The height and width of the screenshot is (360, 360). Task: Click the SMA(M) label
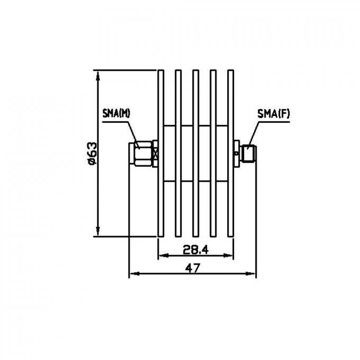point(116,113)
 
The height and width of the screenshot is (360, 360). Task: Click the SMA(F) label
point(273,113)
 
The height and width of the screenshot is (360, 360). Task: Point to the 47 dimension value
point(192,268)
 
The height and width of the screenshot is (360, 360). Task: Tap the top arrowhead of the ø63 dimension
point(98,74)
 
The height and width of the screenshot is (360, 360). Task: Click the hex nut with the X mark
point(155,154)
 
